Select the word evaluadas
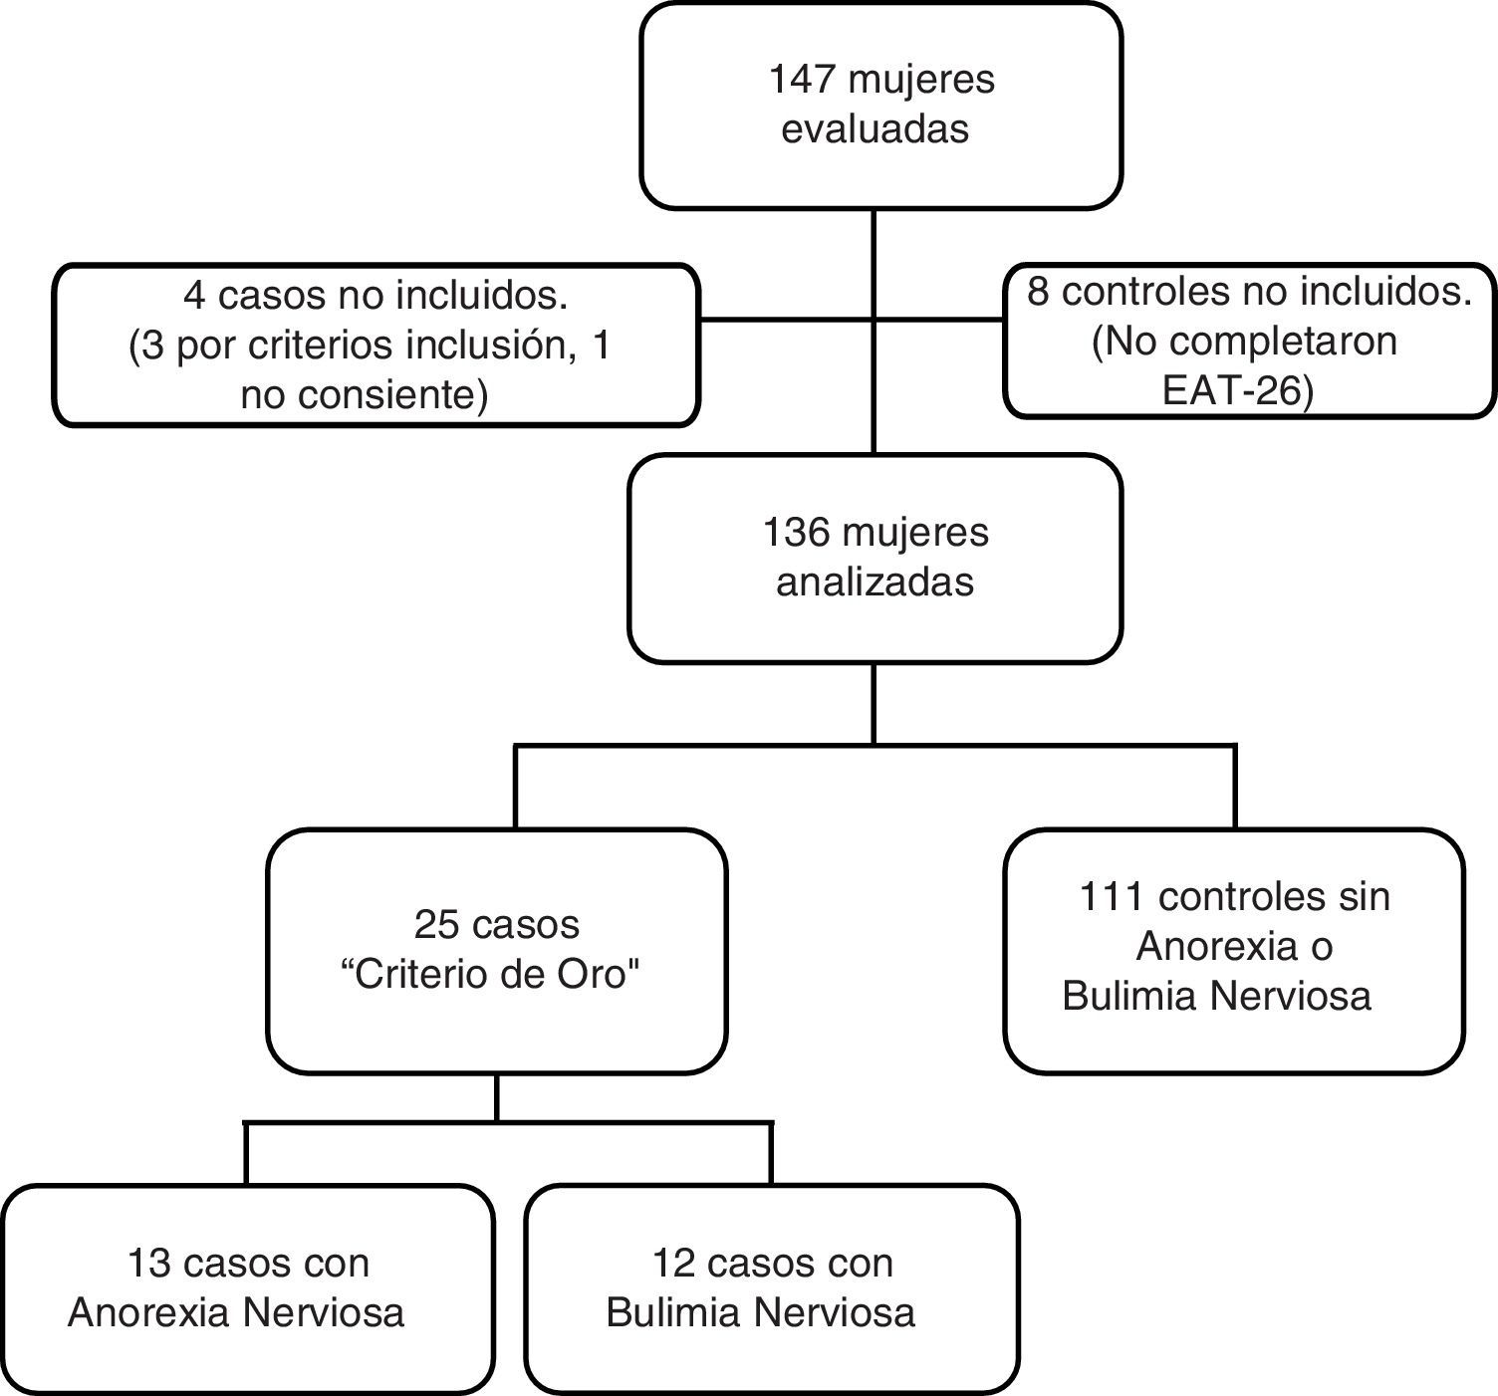pyautogui.click(x=874, y=129)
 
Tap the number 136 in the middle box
pyautogui.click(x=796, y=533)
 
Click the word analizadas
pyautogui.click(x=874, y=582)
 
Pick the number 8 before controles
pyautogui.click(x=1038, y=294)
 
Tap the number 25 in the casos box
pyautogui.click(x=436, y=925)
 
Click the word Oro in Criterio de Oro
pyautogui.click(x=595, y=975)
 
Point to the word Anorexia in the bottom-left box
pyautogui.click(x=149, y=1312)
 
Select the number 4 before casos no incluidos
pyautogui.click(x=194, y=296)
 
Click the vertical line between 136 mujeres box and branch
pyautogui.click(x=874, y=703)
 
